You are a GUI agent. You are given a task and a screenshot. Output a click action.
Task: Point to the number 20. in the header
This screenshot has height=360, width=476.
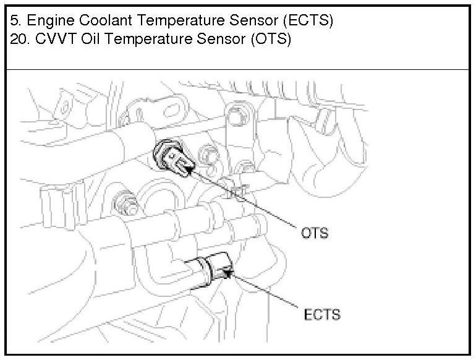pos(21,39)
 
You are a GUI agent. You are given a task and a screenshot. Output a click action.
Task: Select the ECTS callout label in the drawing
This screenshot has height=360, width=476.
pos(322,314)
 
